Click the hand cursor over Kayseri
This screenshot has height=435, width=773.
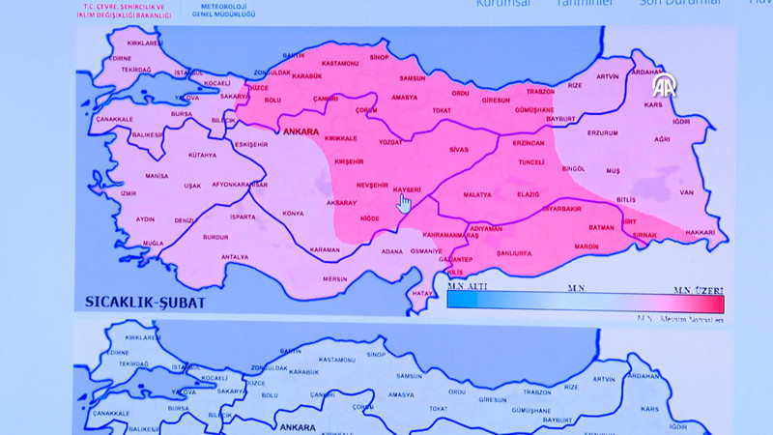405,203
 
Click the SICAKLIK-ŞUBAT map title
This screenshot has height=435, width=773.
145,301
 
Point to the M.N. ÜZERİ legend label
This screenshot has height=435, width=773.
699,288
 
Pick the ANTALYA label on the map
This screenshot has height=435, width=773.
235,256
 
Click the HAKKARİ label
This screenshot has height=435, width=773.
701,233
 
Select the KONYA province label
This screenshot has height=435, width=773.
292,213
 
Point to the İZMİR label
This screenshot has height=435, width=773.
129,193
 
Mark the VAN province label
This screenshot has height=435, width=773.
687,191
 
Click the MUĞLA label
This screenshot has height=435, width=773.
153,243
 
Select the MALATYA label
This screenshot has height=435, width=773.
477,194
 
